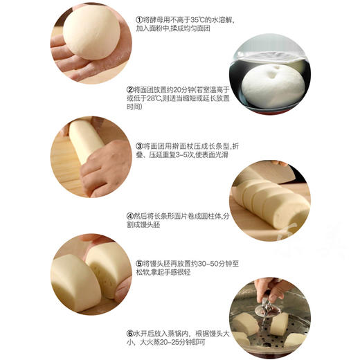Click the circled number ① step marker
pos(138,20)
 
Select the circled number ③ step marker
pos(138,147)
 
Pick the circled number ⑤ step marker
pos(138,264)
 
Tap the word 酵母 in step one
pos(155,20)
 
